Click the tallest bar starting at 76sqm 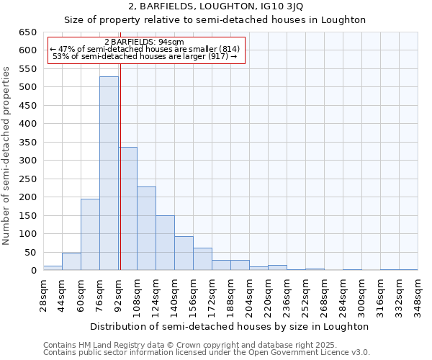coord(109,173)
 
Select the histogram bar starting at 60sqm coord(90,234)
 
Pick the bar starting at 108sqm coord(146,228)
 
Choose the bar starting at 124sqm coord(165,243)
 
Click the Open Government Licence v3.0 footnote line coord(207,352)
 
